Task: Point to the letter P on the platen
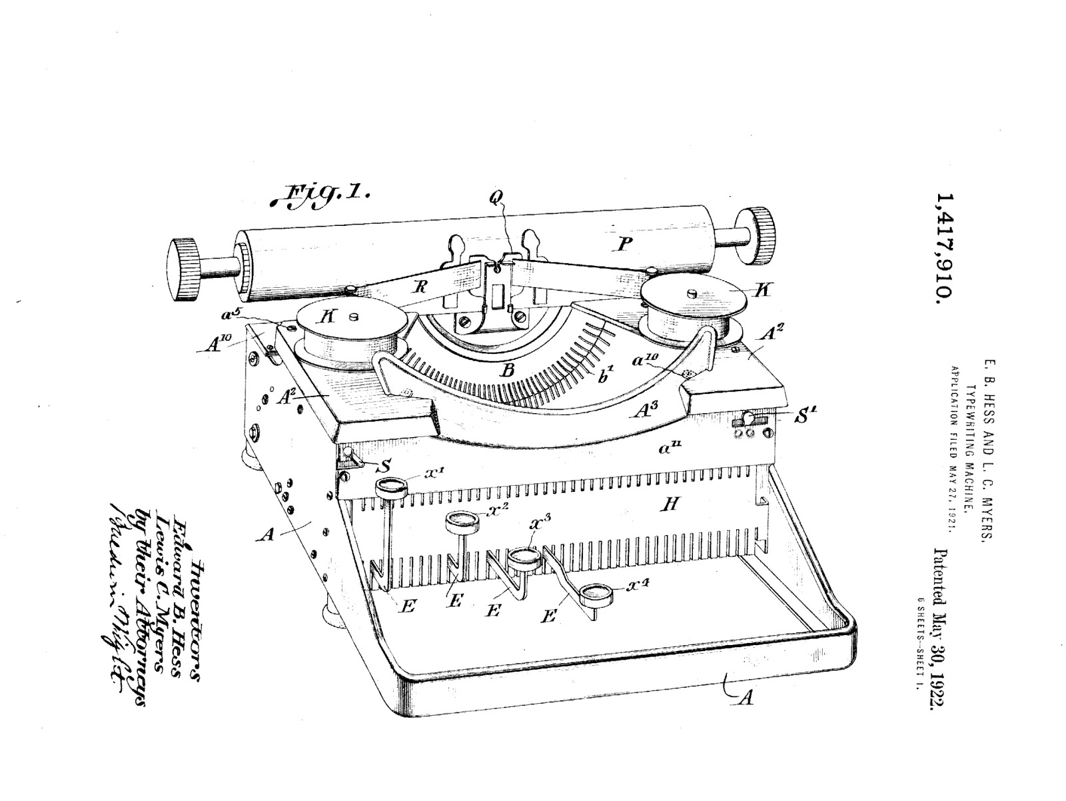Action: [x=624, y=245]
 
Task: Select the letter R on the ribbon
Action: [x=420, y=287]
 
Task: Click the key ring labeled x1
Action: [x=391, y=487]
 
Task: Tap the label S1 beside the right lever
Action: [x=807, y=418]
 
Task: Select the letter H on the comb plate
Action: [x=670, y=504]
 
